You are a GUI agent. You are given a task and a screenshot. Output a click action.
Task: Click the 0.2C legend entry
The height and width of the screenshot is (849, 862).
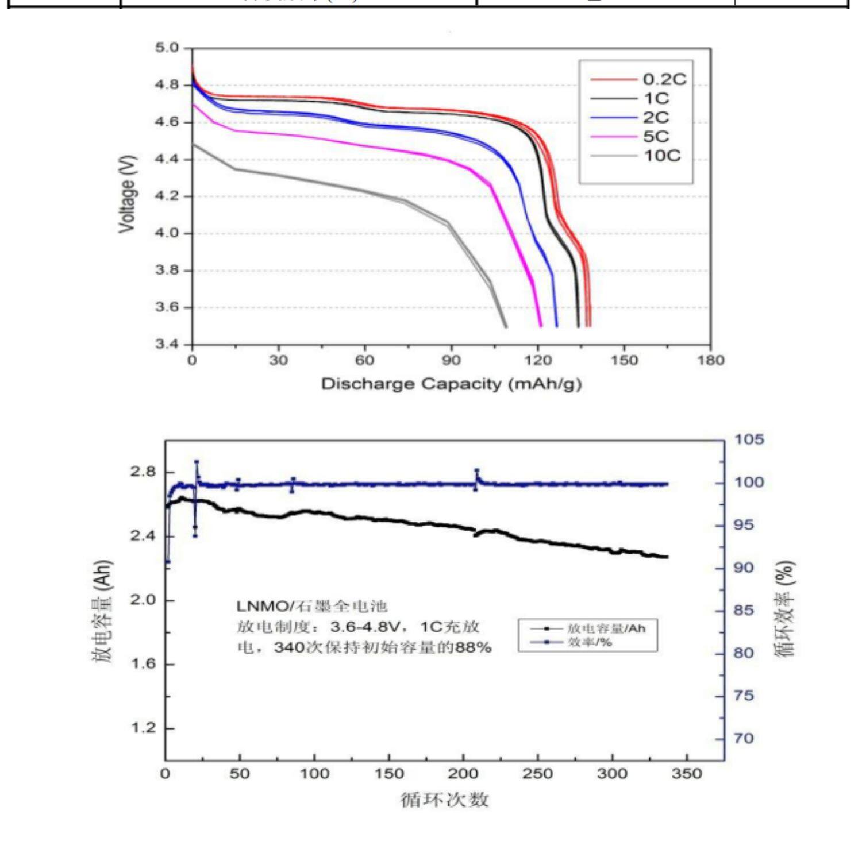[x=664, y=79]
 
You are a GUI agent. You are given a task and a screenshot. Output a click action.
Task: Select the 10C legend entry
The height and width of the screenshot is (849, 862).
[x=661, y=156]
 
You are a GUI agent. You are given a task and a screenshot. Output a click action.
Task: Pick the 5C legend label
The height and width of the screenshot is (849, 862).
[x=656, y=137]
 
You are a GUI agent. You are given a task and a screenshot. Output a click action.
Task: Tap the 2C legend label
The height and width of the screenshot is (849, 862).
[x=656, y=118]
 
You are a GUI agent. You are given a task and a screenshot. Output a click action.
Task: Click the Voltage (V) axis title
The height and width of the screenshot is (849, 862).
[x=128, y=194]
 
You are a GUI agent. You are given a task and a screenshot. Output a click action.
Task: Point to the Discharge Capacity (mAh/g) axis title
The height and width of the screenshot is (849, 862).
[x=451, y=384]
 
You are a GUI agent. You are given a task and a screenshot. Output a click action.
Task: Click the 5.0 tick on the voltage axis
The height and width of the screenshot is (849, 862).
[x=167, y=48]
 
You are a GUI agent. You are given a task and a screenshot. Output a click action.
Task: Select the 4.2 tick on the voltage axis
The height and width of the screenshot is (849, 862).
[x=167, y=196]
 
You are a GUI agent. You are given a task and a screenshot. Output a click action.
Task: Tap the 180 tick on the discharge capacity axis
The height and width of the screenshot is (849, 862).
[x=711, y=360]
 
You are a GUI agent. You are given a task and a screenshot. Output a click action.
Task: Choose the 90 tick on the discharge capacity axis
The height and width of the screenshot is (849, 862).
[x=451, y=360]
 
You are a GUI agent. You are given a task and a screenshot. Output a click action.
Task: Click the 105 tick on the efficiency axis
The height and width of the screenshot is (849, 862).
[x=749, y=440]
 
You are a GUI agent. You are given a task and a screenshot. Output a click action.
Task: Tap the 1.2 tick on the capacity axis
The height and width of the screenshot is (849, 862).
[x=144, y=728]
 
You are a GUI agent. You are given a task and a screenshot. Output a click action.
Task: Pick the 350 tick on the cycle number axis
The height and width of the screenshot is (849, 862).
[x=687, y=774]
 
